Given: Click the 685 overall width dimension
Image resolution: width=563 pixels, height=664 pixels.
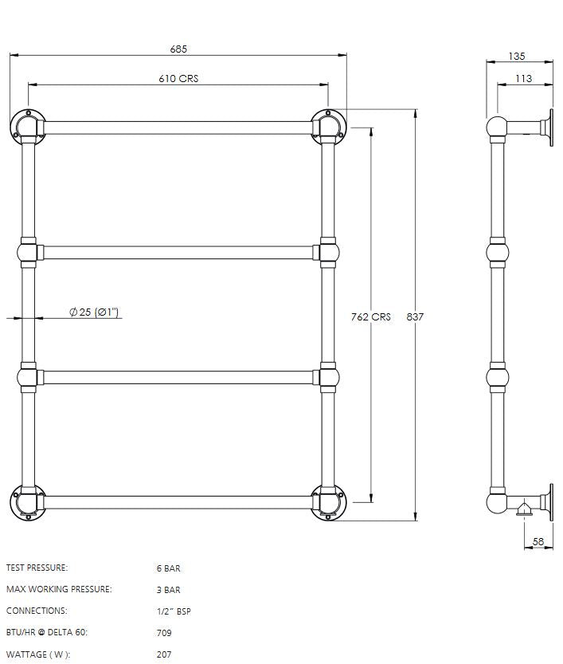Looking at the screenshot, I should pyautogui.click(x=178, y=49).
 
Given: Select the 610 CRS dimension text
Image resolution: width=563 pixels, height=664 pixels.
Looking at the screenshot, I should pyautogui.click(x=178, y=78).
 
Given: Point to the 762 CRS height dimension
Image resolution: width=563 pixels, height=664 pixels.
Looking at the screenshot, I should pyautogui.click(x=371, y=316).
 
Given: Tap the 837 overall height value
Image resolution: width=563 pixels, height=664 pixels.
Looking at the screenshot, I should pyautogui.click(x=415, y=316).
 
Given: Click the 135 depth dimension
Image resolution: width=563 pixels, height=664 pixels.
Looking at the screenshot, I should pyautogui.click(x=516, y=57).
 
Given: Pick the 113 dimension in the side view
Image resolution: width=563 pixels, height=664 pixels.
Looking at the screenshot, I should pyautogui.click(x=523, y=78).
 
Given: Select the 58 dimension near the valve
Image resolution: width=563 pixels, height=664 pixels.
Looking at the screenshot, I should pyautogui.click(x=538, y=542).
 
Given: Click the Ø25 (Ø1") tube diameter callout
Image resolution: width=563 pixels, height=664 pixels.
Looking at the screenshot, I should pyautogui.click(x=94, y=312).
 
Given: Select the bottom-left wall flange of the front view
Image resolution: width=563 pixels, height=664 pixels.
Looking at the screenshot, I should pyautogui.click(x=28, y=502).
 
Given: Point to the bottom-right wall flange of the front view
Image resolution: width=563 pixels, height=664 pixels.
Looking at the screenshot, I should pyautogui.click(x=328, y=502).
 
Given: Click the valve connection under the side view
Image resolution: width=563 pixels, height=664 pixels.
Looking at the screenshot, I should pyautogui.click(x=522, y=509).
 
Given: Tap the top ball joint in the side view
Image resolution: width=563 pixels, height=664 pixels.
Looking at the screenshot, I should pyautogui.click(x=497, y=127).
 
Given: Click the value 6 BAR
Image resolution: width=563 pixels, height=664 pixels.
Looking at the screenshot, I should pyautogui.click(x=168, y=568).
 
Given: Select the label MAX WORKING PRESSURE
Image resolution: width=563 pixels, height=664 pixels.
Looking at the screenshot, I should pyautogui.click(x=59, y=589).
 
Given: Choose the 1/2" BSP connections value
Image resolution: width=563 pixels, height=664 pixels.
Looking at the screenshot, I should pyautogui.click(x=174, y=611).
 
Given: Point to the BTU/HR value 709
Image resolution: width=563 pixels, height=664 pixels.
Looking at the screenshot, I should pyautogui.click(x=164, y=633).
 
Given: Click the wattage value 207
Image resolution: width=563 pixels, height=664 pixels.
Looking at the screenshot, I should pyautogui.click(x=164, y=654).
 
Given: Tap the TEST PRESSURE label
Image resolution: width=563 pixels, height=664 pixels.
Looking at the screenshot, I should pyautogui.click(x=37, y=568).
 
